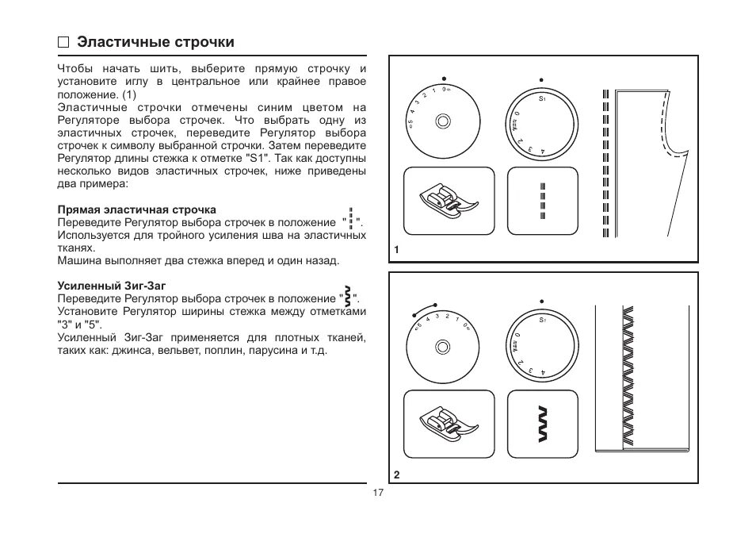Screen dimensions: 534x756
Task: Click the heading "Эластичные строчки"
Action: tap(155, 42)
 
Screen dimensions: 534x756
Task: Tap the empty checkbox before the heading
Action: tap(63, 43)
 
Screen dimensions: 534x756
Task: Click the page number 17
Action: tap(377, 493)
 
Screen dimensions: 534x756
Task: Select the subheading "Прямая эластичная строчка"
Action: tap(136, 209)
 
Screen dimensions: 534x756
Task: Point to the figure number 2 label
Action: tap(396, 474)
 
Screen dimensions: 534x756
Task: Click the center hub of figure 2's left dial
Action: tap(443, 346)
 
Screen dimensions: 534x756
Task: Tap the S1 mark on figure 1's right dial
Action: tap(542, 99)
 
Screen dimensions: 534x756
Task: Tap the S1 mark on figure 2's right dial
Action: tap(542, 321)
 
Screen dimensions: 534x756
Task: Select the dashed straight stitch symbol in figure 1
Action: tap(542, 201)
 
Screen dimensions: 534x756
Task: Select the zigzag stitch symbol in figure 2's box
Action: tap(542, 426)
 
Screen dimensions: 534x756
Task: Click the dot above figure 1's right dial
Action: tap(542, 79)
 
